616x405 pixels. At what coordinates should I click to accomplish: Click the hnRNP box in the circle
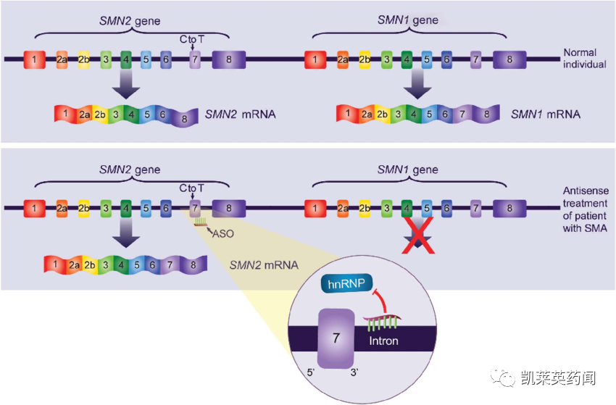point(346,283)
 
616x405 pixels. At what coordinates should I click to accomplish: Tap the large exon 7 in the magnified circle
point(336,338)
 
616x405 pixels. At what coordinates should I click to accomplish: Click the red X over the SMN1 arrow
point(418,235)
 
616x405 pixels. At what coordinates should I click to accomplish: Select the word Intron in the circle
point(383,341)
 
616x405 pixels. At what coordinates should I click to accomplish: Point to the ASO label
point(222,234)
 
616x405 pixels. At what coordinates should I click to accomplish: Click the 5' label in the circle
point(311,372)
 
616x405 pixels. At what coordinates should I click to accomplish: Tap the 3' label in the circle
point(354,372)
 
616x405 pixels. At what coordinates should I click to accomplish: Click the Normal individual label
point(585,58)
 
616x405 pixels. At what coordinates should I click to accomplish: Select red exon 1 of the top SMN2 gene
point(34,59)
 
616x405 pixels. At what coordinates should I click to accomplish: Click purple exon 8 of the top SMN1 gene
point(509,59)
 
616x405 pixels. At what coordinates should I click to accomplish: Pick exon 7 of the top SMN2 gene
point(195,59)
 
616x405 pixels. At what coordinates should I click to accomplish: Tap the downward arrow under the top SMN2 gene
point(126,85)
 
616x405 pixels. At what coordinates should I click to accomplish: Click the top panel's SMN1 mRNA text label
point(545,114)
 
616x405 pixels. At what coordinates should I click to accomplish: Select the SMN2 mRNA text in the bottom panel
point(264,265)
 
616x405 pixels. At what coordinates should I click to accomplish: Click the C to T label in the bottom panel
point(192,188)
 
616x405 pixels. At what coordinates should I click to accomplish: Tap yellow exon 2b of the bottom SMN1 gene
point(365,208)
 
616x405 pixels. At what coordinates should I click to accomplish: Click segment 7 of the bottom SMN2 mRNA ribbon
point(170,265)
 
